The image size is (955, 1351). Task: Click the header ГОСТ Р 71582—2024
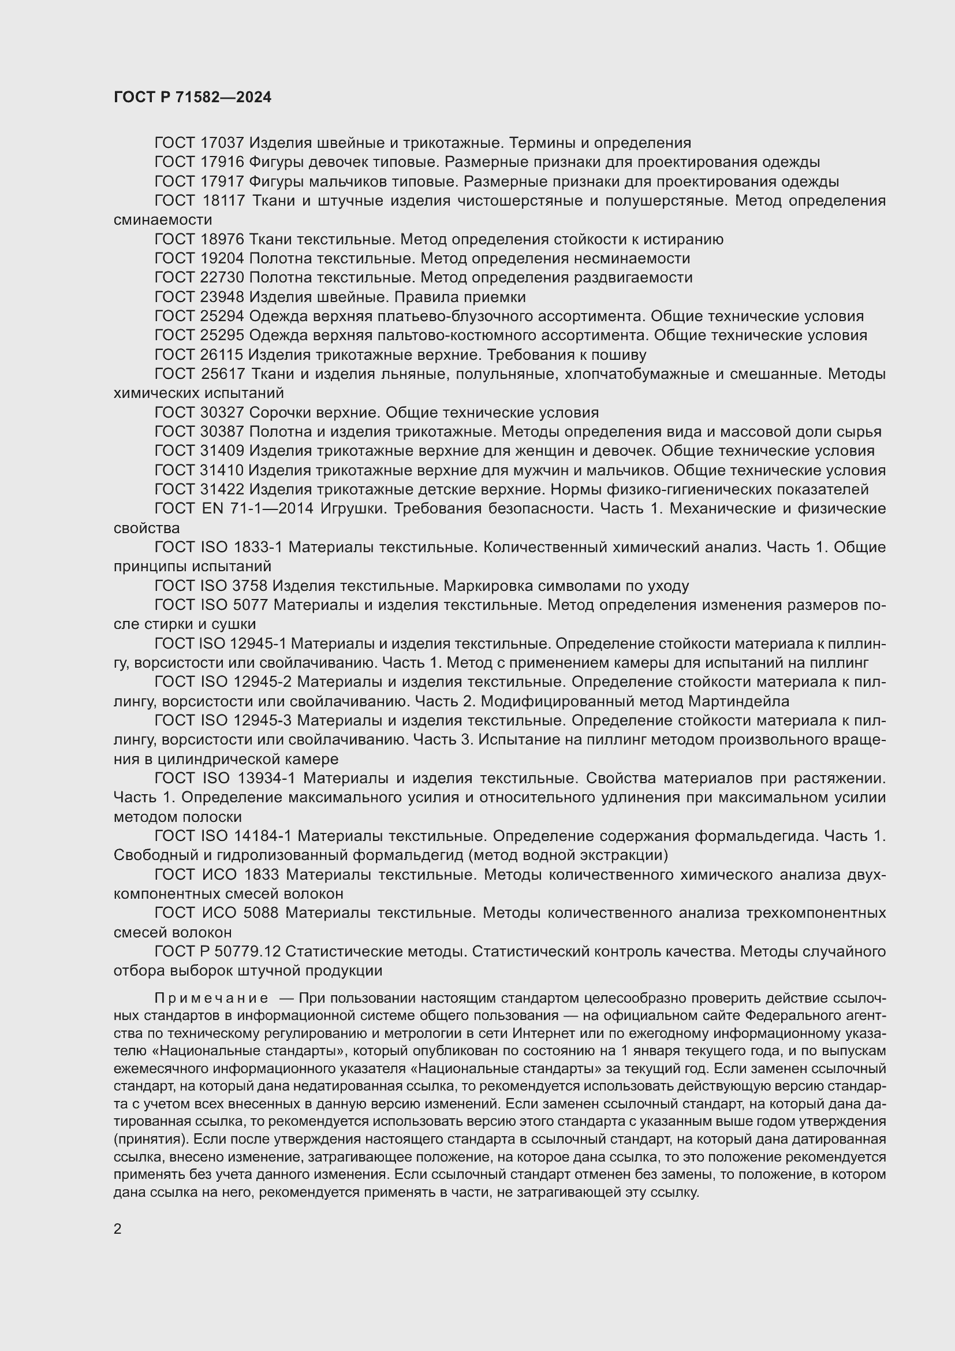(x=192, y=98)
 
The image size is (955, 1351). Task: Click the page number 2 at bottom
(x=118, y=1229)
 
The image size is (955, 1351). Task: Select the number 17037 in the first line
(x=222, y=143)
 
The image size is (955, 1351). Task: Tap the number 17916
(x=222, y=162)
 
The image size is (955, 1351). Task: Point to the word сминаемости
(x=162, y=220)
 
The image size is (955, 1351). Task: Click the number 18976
(x=222, y=240)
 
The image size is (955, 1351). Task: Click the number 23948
(x=222, y=297)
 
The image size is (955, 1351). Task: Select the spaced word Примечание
(x=211, y=999)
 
